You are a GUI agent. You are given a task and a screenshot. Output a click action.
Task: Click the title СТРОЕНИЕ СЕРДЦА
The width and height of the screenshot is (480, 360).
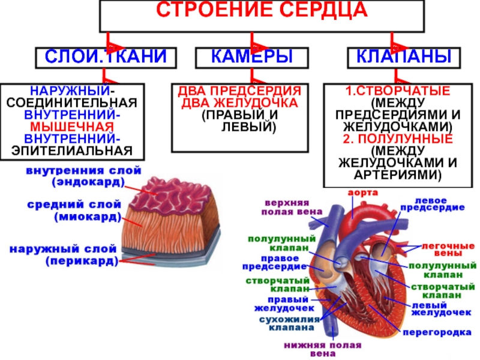pos(262,10)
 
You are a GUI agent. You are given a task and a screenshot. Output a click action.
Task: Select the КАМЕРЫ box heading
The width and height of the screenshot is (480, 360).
pos(252,56)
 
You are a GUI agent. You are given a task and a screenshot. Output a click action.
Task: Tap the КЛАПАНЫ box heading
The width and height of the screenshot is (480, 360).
pos(404,56)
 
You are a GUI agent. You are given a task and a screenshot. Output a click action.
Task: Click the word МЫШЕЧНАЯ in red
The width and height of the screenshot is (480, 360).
pos(72,127)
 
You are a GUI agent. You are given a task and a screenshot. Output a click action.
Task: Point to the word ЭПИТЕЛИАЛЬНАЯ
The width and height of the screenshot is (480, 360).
pos(72,151)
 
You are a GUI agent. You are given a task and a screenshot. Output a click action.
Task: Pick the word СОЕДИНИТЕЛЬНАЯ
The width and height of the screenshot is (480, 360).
pos(72,103)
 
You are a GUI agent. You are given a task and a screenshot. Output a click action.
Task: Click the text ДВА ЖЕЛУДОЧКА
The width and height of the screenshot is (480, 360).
pos(239,103)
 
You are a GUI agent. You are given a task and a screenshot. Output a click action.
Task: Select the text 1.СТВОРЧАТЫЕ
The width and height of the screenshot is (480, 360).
pos(398,91)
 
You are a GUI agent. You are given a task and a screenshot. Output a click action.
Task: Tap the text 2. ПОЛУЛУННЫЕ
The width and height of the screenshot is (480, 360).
pos(398,139)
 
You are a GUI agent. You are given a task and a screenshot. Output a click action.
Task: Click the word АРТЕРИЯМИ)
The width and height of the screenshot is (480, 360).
pos(398,175)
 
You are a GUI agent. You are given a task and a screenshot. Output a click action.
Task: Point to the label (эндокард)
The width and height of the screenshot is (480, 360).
pos(88,182)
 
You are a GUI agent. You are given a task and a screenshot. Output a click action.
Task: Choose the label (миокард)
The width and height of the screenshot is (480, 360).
pos(88,217)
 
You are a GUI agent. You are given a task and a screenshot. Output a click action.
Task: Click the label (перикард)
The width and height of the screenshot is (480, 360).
pos(82,261)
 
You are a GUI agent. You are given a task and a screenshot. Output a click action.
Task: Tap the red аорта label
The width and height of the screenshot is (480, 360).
pos(363,193)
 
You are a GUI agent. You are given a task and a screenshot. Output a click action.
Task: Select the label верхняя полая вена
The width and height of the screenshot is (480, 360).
pos(292,207)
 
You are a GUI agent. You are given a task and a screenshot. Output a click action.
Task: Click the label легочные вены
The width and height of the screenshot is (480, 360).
pos(448,250)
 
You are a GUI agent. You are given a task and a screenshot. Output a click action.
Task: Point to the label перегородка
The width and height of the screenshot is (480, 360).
pos(437,332)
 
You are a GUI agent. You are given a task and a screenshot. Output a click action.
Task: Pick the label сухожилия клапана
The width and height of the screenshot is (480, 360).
pos(289,323)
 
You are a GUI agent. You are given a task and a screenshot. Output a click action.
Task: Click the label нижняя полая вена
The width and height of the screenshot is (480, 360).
pos(323,350)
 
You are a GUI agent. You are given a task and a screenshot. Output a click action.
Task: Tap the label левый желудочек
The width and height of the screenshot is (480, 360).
pos(441,309)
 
